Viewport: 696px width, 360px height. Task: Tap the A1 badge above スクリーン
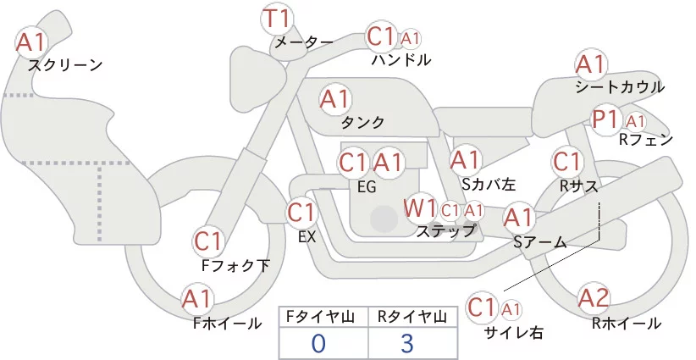(32, 41)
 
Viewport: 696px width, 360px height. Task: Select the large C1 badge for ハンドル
(381, 37)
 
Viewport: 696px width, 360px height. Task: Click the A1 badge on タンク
(335, 99)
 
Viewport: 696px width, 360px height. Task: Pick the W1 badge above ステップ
(420, 208)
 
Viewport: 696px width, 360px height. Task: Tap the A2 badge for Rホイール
(594, 298)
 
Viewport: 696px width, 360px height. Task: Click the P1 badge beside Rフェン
(607, 119)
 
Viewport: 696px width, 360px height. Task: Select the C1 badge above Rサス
(566, 161)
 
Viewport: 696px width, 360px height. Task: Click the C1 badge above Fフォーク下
(208, 241)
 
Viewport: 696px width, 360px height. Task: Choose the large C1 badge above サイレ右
(483, 307)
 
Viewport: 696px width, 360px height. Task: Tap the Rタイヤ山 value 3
(407, 343)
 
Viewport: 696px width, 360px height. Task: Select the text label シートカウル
(619, 86)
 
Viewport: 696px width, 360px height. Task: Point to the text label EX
(307, 237)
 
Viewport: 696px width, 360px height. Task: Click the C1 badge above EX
(301, 212)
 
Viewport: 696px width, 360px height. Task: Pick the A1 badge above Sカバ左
(466, 159)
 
